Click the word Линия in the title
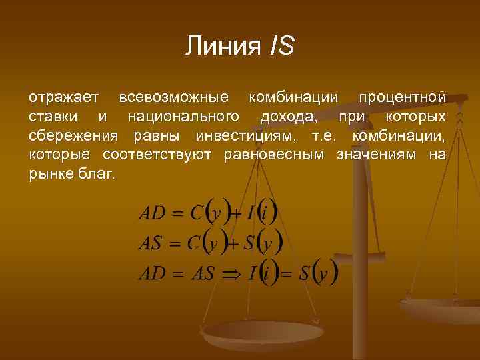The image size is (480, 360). [x=223, y=46]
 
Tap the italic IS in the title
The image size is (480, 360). [x=281, y=46]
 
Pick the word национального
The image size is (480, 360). [x=183, y=117]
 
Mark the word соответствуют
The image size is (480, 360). [x=156, y=155]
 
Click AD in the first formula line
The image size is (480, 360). [x=152, y=213]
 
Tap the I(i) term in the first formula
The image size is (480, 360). [x=260, y=213]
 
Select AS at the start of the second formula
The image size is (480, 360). [x=150, y=243]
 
